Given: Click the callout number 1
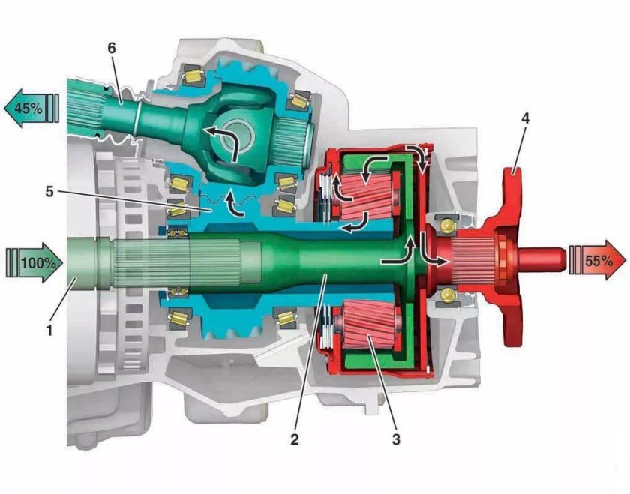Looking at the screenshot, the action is tap(49, 331).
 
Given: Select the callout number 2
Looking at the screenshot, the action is tap(295, 439).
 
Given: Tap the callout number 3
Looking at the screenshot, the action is tap(396, 439).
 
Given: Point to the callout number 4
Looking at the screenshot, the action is tap(525, 118).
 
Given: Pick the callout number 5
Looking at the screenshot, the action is tap(49, 191).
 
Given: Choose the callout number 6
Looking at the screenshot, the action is tap(111, 48).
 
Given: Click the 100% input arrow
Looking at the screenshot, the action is tap(35, 262).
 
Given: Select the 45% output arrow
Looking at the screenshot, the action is tap(31, 108).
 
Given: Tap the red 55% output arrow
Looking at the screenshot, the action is tap(598, 261).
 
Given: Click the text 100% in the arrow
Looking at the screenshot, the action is tap(38, 263).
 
